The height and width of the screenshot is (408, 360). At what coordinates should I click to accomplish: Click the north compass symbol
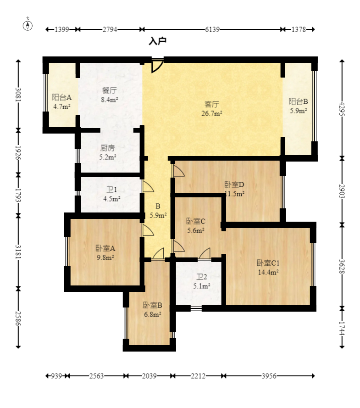[x=28, y=25]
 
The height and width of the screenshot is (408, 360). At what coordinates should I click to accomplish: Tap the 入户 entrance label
[x=157, y=41]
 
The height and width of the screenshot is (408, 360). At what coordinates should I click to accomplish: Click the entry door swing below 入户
[x=157, y=66]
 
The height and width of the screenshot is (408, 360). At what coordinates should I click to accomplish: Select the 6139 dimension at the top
[x=212, y=29]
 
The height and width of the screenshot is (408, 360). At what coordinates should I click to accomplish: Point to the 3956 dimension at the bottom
[x=269, y=376]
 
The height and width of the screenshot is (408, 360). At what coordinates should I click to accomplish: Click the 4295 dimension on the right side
[x=342, y=109]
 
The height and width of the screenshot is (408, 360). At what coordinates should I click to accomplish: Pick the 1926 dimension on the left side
[x=18, y=152]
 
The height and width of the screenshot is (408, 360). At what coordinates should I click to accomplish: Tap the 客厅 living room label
[x=212, y=104]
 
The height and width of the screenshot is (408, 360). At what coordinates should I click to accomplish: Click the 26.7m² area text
[x=212, y=113]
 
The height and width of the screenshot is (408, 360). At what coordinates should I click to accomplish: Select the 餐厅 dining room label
[x=110, y=90]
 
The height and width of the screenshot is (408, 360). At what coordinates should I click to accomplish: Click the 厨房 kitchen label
[x=108, y=148]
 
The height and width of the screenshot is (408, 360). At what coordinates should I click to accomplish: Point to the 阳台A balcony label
[x=61, y=97]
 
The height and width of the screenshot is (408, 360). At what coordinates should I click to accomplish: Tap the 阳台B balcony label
[x=299, y=101]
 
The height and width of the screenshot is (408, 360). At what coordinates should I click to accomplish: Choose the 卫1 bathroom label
[x=112, y=190]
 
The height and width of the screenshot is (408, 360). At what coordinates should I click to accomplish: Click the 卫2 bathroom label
[x=202, y=277]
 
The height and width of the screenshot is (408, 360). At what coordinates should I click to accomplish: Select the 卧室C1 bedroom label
[x=268, y=263]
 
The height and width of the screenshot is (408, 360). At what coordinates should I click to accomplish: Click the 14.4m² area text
[x=268, y=272]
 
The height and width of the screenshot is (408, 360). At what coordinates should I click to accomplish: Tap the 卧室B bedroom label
[x=153, y=305]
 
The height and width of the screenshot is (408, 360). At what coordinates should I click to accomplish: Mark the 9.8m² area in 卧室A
[x=105, y=257]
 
